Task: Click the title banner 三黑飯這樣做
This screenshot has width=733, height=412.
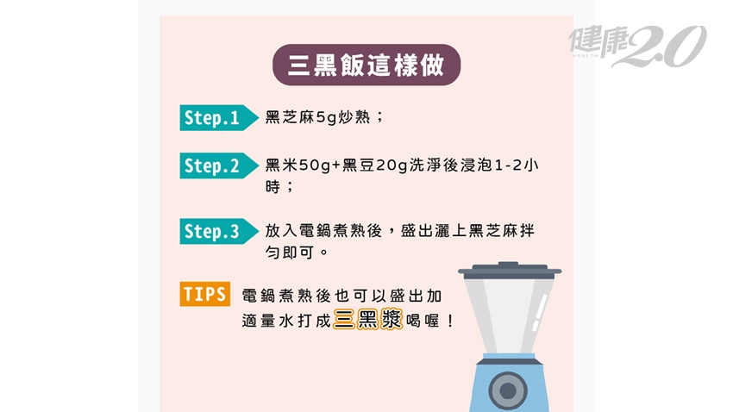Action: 366,65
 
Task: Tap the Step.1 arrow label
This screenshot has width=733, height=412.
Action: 219,118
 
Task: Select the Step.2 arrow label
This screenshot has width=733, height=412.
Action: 219,165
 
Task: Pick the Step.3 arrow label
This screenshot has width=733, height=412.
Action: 219,231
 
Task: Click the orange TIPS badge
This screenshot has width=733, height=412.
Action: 204,294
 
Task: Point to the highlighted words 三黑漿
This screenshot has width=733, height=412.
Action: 367,320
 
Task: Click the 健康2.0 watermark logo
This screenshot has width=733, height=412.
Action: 637,46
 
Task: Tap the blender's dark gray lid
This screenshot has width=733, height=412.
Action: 510,271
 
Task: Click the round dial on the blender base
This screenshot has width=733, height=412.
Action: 508,390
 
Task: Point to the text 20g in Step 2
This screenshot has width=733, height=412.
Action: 392,165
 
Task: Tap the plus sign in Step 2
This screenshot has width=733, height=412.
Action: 336,165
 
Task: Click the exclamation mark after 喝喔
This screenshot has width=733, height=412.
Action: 450,321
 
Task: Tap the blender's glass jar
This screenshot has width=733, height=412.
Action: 509,316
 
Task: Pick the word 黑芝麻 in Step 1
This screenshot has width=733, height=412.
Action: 291,116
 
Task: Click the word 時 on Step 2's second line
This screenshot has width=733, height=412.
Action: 273,187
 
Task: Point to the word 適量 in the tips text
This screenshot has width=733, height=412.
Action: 259,321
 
